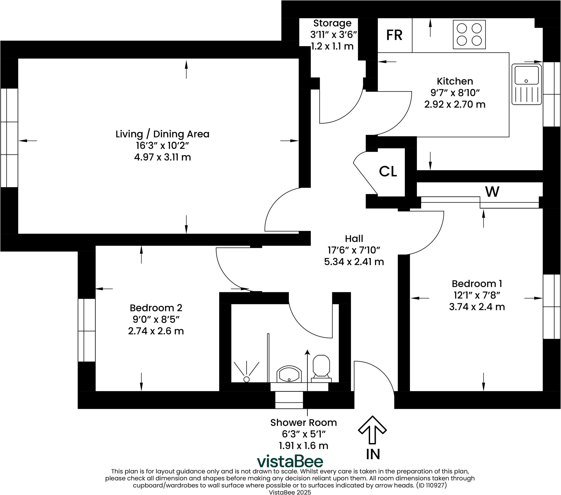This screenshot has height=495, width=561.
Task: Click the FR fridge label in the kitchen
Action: point(394,35)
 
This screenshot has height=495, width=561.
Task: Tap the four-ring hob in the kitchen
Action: point(469,34)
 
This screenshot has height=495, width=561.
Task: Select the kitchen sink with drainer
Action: point(527,84)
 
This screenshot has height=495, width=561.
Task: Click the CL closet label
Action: point(388,171)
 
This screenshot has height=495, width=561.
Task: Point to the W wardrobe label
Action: point(492,192)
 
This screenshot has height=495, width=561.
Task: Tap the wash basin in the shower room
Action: point(289,374)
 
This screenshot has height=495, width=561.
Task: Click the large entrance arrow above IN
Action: point(372,430)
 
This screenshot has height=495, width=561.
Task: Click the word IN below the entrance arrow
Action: point(373,455)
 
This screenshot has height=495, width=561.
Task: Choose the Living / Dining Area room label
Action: point(162,134)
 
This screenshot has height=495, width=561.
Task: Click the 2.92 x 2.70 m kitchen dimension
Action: point(455,105)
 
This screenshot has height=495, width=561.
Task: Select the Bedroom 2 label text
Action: point(156,308)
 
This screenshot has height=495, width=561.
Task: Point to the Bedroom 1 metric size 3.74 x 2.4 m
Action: point(477,306)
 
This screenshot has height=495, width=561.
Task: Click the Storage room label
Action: point(332,23)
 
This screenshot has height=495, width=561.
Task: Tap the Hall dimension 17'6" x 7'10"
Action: point(354,250)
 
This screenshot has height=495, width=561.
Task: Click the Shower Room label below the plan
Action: point(304,422)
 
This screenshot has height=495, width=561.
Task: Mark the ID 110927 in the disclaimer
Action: point(431,485)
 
